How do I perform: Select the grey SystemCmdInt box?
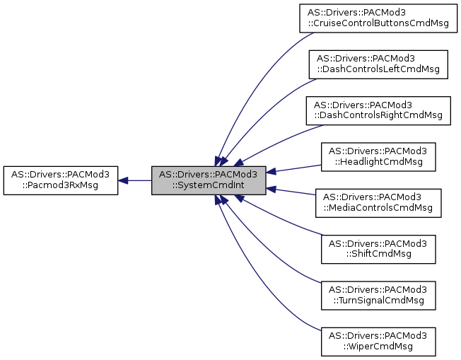(209, 180)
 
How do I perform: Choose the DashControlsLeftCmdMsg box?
(378, 64)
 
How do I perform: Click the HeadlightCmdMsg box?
(378, 156)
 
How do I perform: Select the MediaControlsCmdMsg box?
(378, 202)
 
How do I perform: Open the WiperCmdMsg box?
(378, 340)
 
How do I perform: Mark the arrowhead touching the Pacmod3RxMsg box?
(123, 180)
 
